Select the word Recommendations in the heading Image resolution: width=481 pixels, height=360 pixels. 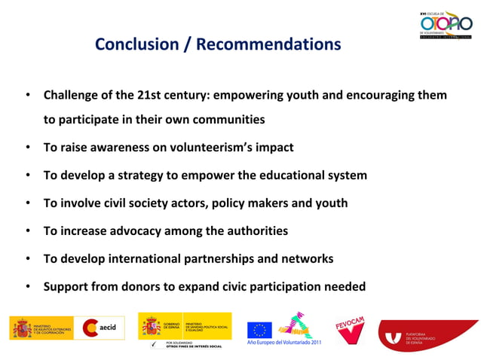tap(268, 44)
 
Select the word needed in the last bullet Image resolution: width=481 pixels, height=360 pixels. tap(344, 286)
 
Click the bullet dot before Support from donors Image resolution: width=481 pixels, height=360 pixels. tap(27, 286)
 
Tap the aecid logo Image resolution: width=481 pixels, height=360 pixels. tap(103, 328)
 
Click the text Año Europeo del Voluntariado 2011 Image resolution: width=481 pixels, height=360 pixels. tap(283, 343)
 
